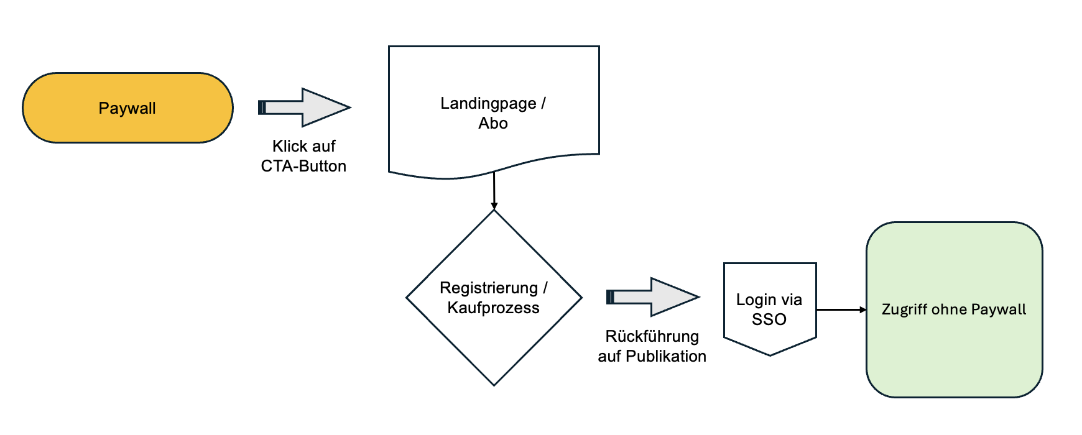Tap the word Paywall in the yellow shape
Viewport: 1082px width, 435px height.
[x=127, y=108]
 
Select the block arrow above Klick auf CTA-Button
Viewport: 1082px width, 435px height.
[x=305, y=108]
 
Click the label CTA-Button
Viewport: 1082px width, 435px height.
[x=303, y=166]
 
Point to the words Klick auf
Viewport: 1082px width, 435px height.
[x=303, y=146]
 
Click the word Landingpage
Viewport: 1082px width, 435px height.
[x=488, y=103]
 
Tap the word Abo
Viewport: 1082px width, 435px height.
[x=493, y=123]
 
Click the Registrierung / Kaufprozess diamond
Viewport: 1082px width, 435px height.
[x=494, y=348]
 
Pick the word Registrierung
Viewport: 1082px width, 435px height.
[x=488, y=288]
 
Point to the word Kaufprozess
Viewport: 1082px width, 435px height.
[x=493, y=308]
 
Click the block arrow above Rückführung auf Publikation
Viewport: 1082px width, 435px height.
[x=653, y=297]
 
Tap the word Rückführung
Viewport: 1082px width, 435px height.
[x=652, y=336]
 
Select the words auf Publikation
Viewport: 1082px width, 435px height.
[x=652, y=356]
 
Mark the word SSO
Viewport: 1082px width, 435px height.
[x=769, y=319]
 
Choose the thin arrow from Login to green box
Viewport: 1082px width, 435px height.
[x=841, y=309]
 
